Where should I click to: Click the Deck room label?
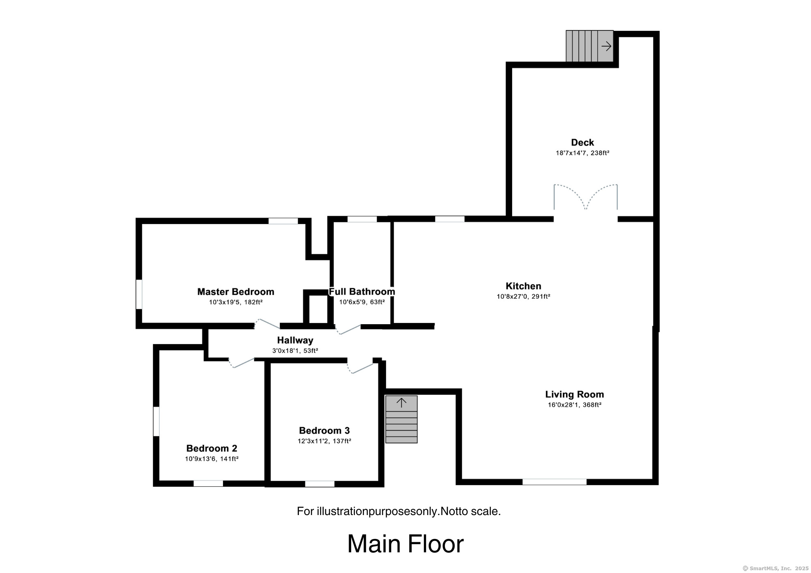[x=582, y=142]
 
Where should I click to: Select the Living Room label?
[x=574, y=394]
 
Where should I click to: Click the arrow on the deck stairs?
[x=606, y=46]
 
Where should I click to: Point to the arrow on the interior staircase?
[x=401, y=403]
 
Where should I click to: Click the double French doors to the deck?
[x=586, y=199]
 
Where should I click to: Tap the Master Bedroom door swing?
[x=267, y=324]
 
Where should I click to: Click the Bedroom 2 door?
[x=242, y=363]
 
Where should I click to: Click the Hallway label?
[x=295, y=340]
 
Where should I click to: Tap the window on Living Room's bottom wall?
[x=554, y=482]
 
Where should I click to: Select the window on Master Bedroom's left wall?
[x=139, y=294]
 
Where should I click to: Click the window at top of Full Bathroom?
[x=362, y=219]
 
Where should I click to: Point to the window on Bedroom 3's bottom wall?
[x=320, y=484]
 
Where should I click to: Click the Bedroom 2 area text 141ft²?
[x=229, y=459]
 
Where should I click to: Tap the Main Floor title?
[x=405, y=544]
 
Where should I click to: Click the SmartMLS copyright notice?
[x=775, y=569]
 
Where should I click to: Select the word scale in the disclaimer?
[x=485, y=511]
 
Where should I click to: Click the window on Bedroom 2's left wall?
[x=156, y=421]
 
